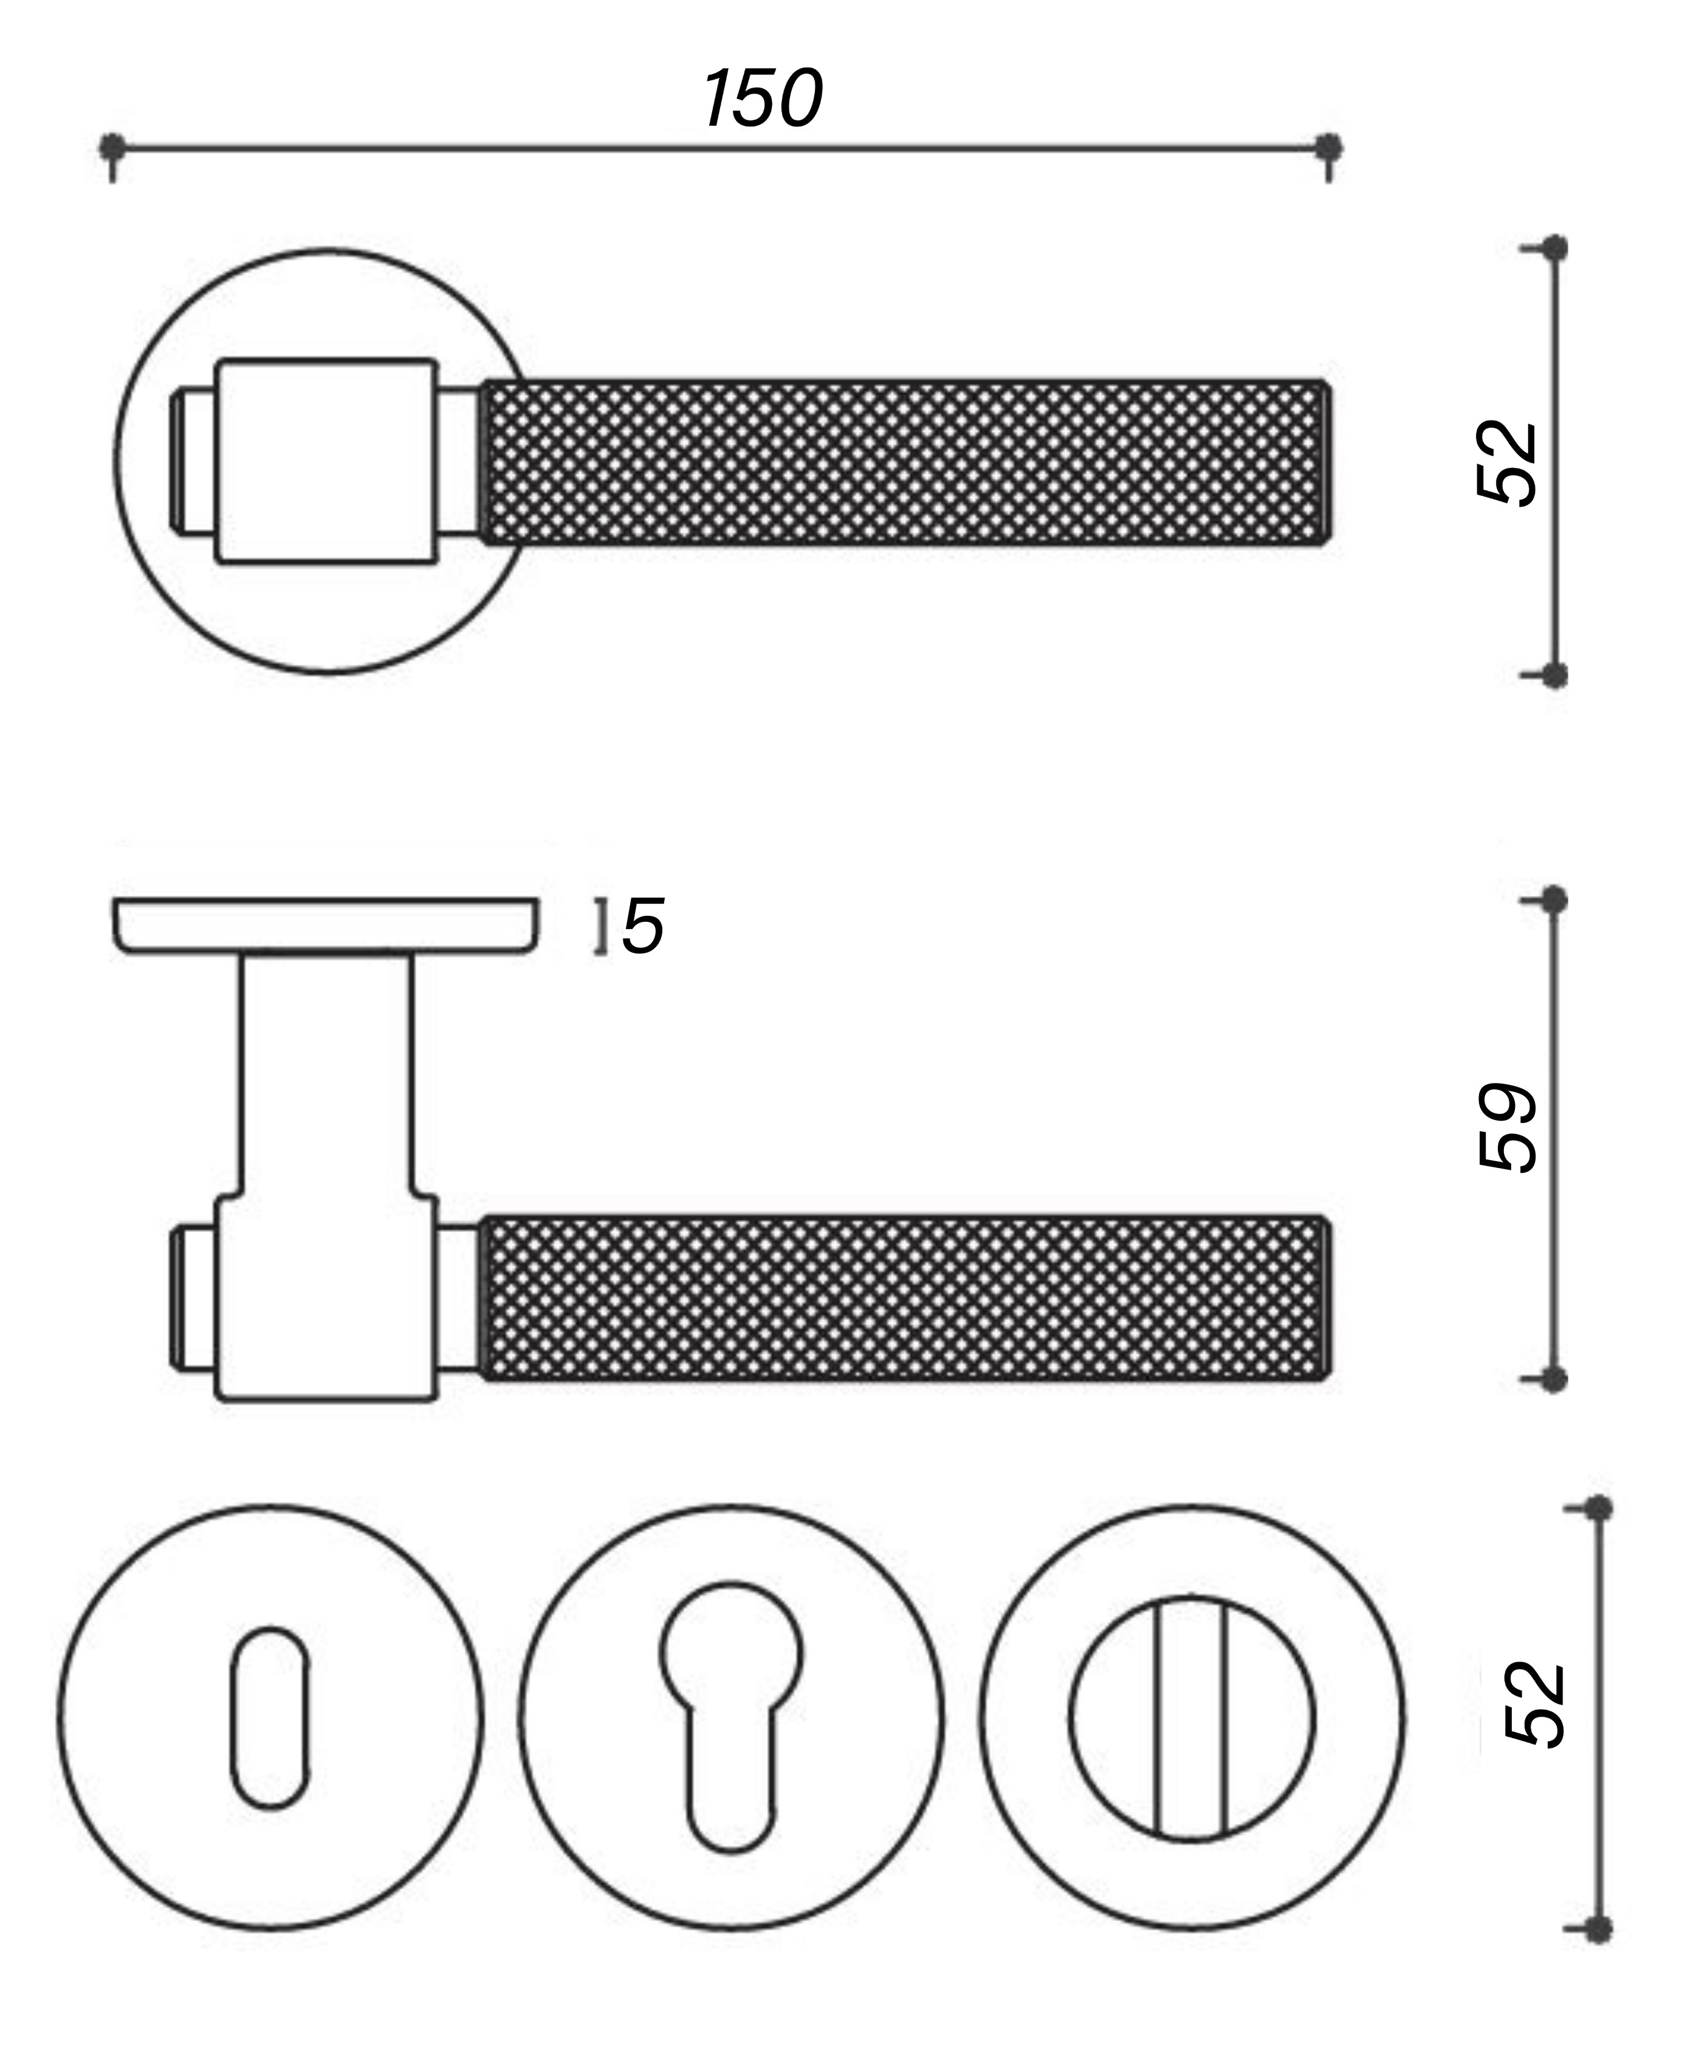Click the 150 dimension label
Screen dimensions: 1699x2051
point(763,98)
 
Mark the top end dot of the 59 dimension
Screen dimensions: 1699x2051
point(1554,899)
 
